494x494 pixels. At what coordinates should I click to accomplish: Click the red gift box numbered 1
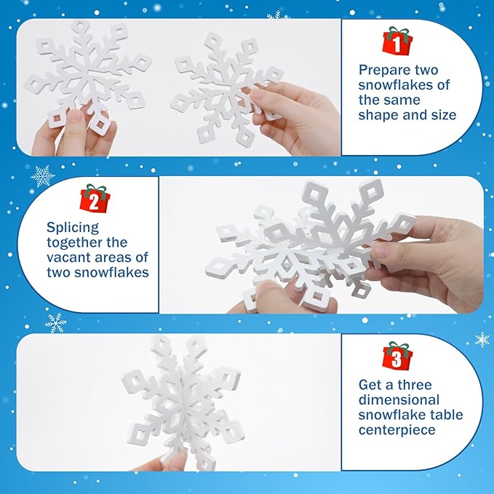click(397, 41)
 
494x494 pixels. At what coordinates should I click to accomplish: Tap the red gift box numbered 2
click(94, 199)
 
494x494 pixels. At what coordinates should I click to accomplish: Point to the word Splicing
click(73, 228)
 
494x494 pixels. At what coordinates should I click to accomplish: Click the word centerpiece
click(397, 431)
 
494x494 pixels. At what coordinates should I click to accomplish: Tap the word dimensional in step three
click(399, 400)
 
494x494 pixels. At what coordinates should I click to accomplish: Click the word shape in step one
click(376, 115)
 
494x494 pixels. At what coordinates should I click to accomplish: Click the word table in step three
click(447, 415)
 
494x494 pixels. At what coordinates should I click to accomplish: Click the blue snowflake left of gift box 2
click(43, 176)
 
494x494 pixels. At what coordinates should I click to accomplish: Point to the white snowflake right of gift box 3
click(482, 340)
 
